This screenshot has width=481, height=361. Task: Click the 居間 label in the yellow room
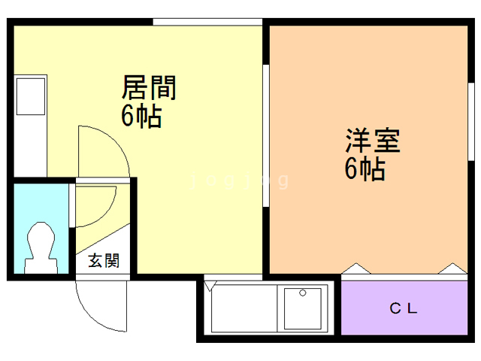click(149, 89)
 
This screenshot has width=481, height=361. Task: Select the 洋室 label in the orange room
click(373, 141)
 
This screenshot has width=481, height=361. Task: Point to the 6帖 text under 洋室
click(365, 170)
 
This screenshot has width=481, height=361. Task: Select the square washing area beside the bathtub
click(304, 308)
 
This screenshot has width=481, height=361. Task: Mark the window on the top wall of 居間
click(207, 22)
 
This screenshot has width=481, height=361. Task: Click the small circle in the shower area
click(302, 293)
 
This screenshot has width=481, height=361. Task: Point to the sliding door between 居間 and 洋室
click(265, 135)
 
